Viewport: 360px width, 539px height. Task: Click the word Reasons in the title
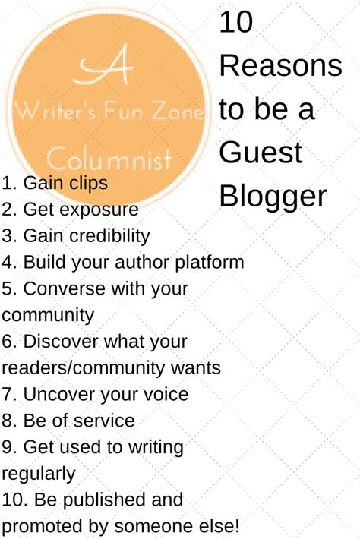(280, 65)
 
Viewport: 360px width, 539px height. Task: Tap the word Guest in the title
(261, 153)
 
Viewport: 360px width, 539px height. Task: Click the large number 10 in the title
(236, 22)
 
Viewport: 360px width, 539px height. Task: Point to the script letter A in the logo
(103, 65)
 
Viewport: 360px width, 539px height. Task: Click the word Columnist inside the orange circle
(109, 159)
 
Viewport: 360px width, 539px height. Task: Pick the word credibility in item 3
(109, 236)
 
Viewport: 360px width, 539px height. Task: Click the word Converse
(64, 288)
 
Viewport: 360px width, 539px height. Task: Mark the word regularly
(38, 474)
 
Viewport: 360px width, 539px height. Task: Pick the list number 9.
(8, 447)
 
